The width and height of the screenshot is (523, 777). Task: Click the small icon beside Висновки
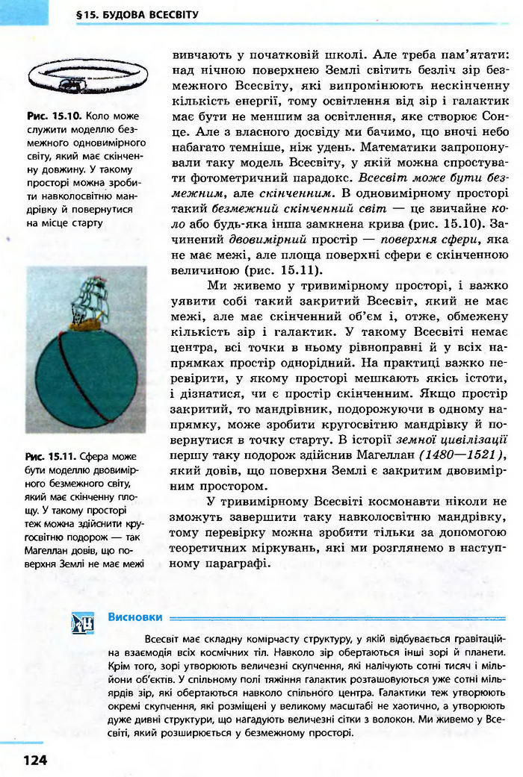coord(82,621)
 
